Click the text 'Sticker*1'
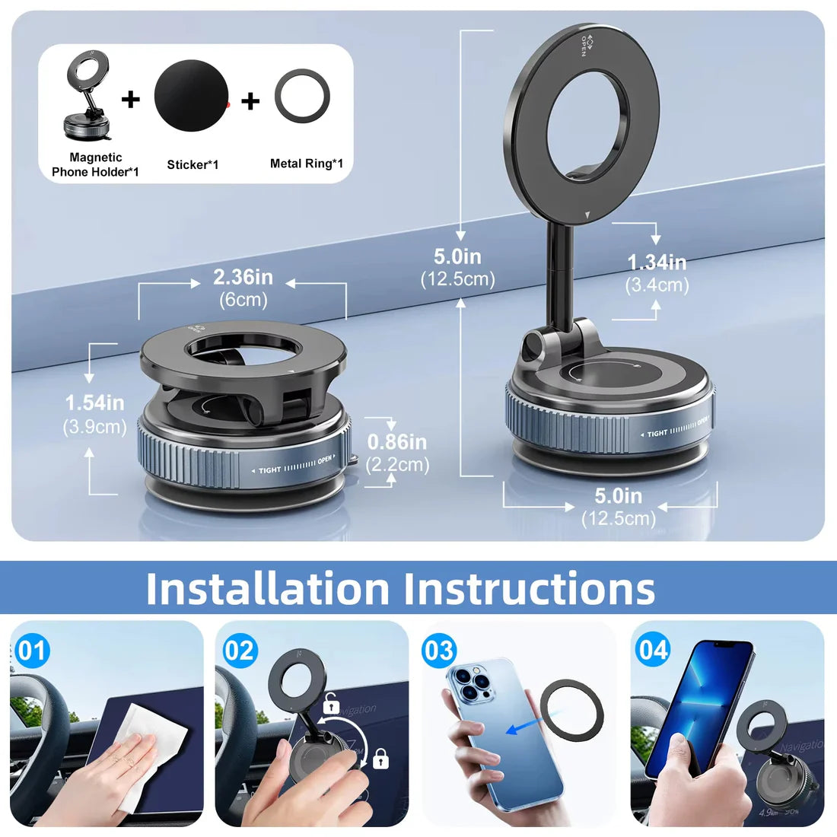(193, 164)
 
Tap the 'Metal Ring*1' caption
(306, 164)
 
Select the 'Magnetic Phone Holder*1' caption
(95, 164)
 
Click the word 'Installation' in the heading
(267, 588)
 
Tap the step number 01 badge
(32, 651)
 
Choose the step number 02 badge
(239, 651)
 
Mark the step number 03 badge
(439, 651)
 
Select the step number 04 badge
(653, 651)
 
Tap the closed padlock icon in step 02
(381, 759)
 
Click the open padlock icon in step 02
(331, 704)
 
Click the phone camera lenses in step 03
(469, 682)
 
